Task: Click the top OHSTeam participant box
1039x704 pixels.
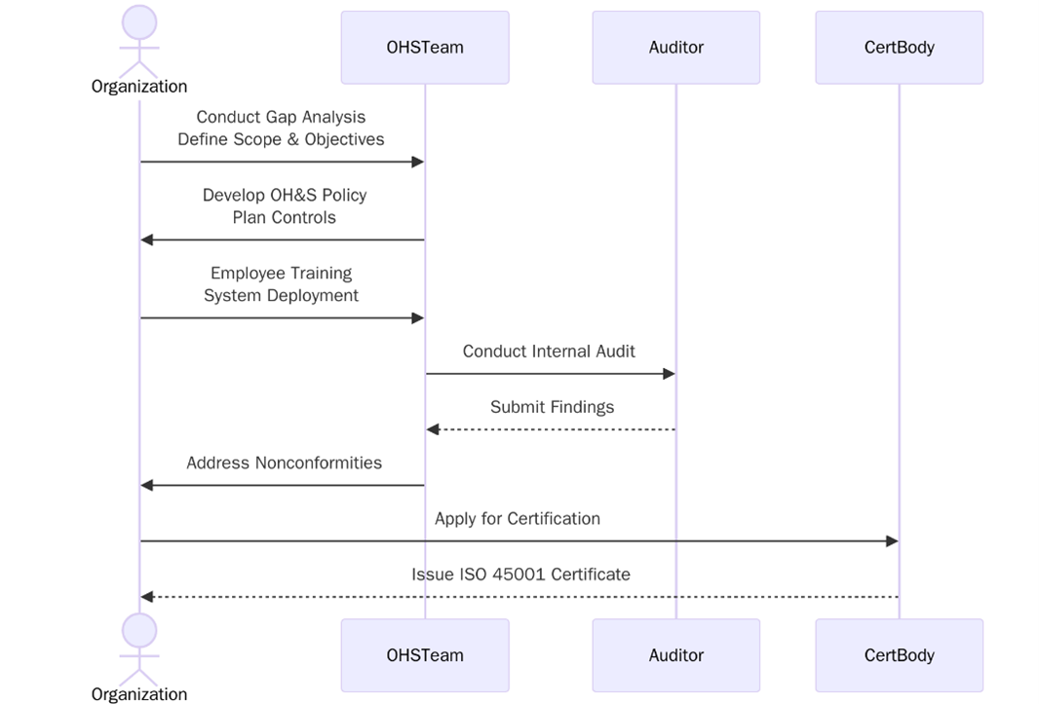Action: pyautogui.click(x=424, y=47)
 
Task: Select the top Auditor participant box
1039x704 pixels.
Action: pyautogui.click(x=675, y=47)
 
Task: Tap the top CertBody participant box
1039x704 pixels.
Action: pyautogui.click(x=899, y=47)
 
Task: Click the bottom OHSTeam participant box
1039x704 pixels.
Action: pyautogui.click(x=424, y=655)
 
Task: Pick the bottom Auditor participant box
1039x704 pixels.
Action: pyautogui.click(x=675, y=655)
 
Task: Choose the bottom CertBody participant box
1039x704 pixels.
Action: pyautogui.click(x=899, y=655)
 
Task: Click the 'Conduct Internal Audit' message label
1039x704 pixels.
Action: pyautogui.click(x=549, y=352)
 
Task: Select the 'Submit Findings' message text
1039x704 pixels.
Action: pyautogui.click(x=552, y=407)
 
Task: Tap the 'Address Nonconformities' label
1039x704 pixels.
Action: pyautogui.click(x=284, y=463)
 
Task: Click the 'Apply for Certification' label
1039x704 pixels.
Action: pyautogui.click(x=518, y=518)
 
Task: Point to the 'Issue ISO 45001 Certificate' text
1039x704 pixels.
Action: pyautogui.click(x=520, y=574)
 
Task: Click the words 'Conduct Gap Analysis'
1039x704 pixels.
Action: pyautogui.click(x=281, y=117)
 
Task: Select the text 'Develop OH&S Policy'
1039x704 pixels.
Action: pyautogui.click(x=285, y=195)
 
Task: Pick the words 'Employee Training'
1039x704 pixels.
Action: pyautogui.click(x=281, y=273)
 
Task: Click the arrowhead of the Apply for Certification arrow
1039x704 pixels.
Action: pyautogui.click(x=891, y=540)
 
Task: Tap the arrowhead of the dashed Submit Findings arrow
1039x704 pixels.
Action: pyautogui.click(x=434, y=429)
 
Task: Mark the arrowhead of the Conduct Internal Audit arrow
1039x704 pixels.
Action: pyautogui.click(x=669, y=374)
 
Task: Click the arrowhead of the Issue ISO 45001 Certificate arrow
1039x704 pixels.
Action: pyautogui.click(x=147, y=597)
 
